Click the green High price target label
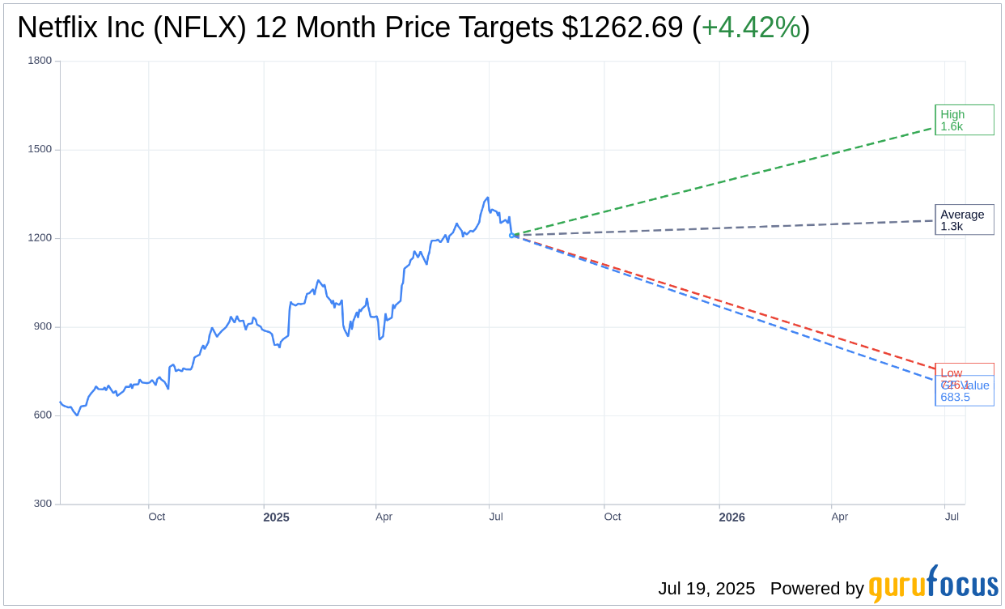[x=964, y=120]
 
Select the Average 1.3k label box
[x=964, y=219]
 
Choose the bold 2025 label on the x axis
[x=276, y=517]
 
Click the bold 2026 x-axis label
[x=731, y=517]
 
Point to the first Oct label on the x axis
[x=156, y=517]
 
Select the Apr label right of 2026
[x=840, y=517]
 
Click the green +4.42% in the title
[x=750, y=28]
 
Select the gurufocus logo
[x=933, y=585]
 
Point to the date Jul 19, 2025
[x=706, y=589]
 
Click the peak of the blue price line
[x=487, y=198]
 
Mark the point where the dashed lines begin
[x=511, y=236]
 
